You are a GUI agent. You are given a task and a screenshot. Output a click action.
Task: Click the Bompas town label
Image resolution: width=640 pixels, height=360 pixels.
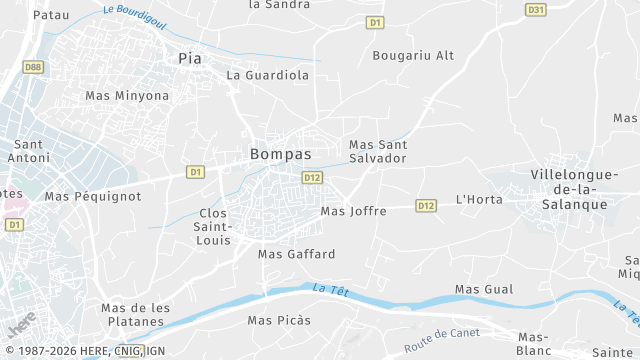click(280, 155)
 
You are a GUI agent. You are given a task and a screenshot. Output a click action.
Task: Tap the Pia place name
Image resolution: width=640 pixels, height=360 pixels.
click(189, 57)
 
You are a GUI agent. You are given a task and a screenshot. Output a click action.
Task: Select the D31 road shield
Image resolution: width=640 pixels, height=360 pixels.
click(535, 9)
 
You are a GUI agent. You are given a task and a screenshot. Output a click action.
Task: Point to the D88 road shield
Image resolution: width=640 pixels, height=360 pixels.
click(33, 67)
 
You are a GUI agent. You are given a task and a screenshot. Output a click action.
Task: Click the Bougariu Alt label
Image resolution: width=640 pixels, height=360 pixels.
click(413, 55)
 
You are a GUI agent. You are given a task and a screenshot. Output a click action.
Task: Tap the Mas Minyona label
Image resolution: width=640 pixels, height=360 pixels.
click(127, 96)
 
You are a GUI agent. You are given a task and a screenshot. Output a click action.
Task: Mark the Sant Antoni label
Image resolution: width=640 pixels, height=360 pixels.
click(28, 151)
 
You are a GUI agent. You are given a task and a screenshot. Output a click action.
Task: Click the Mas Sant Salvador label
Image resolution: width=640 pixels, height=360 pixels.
click(377, 151)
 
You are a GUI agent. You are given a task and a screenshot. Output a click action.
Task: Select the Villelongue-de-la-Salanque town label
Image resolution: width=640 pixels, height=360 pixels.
click(568, 189)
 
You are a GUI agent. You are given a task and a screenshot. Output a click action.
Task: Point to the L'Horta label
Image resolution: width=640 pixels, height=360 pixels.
click(479, 199)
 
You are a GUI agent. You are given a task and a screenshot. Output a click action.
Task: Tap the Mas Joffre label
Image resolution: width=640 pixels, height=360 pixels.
click(353, 211)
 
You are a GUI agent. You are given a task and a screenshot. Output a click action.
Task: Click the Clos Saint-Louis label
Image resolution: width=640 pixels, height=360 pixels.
click(213, 227)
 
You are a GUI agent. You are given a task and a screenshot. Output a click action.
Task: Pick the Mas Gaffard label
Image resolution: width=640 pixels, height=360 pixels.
click(296, 254)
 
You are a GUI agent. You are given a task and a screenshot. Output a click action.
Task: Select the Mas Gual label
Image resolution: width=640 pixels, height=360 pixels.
click(484, 289)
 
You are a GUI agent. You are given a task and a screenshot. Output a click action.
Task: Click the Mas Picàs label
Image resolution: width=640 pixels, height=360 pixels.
click(279, 320)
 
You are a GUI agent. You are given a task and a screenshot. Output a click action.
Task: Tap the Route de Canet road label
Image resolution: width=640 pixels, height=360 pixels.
click(443, 338)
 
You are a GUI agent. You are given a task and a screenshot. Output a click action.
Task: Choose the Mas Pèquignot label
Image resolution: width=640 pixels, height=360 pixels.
click(93, 197)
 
